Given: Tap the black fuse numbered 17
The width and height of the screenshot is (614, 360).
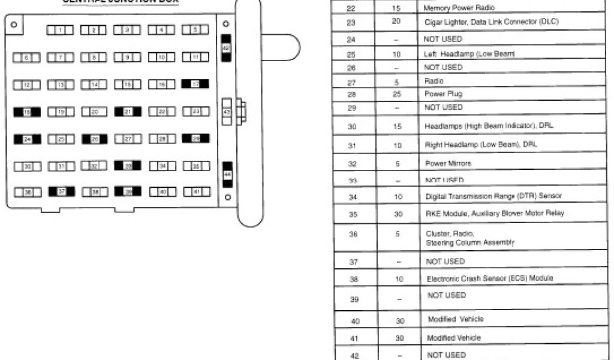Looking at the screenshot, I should click(x=195, y=84).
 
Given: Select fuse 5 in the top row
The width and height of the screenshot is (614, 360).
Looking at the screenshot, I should click(x=195, y=29).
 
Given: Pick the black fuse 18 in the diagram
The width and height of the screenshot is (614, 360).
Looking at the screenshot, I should click(x=27, y=112).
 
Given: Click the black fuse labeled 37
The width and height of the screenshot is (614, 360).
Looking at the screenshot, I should click(x=61, y=192).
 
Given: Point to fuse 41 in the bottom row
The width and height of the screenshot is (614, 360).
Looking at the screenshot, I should click(x=195, y=192).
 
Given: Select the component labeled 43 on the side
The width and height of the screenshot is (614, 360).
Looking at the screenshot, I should click(x=227, y=112).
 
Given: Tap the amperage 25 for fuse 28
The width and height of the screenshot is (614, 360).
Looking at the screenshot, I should click(x=396, y=94).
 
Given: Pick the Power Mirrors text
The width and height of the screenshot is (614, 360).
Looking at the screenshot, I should click(x=448, y=163).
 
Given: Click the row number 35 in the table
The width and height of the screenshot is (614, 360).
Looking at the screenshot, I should click(x=352, y=214).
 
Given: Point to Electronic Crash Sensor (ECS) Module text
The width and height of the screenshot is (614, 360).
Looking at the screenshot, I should click(x=489, y=278).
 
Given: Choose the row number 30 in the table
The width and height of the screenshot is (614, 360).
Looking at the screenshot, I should click(x=352, y=127).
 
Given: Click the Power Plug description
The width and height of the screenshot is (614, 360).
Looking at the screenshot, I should click(x=443, y=94).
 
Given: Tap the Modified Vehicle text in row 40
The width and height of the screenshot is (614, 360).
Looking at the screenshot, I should click(x=455, y=319).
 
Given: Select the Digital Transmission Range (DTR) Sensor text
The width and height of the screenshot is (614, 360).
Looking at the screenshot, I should click(x=494, y=196).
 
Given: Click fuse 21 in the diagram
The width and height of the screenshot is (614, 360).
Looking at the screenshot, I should click(x=128, y=112).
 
